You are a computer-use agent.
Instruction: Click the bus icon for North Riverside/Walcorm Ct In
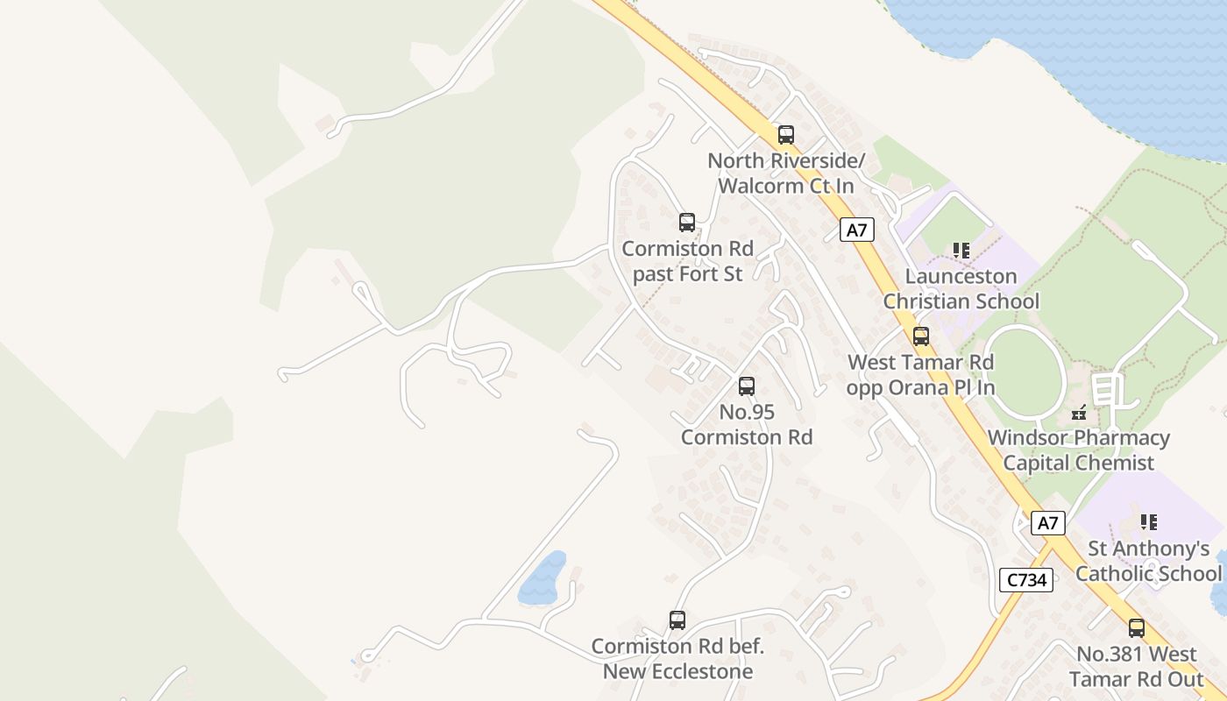786,135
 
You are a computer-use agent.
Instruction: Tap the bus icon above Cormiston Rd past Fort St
687,223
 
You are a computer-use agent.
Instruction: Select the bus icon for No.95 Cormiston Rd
747,386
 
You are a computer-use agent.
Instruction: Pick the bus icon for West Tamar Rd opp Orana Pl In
921,336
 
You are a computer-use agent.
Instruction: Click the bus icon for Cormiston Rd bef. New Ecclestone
677,620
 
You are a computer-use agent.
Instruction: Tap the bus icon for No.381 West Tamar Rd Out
1137,628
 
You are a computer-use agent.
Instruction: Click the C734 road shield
1025,579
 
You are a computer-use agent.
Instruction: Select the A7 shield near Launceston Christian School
857,230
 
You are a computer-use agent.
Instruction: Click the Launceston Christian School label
961,289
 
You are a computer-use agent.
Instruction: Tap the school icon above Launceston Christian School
961,251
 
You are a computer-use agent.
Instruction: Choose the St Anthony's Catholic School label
1148,561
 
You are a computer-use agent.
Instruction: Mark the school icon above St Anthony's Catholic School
1149,522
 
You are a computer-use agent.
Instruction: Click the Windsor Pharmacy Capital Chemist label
1079,450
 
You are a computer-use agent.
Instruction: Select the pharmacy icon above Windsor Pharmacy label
1079,412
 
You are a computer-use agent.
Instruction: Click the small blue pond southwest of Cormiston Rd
543,578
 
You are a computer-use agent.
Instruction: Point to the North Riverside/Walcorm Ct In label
785,173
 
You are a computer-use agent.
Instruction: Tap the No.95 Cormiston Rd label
747,424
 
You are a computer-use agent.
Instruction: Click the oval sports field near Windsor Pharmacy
1023,373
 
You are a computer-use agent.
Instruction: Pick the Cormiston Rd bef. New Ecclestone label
677,659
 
